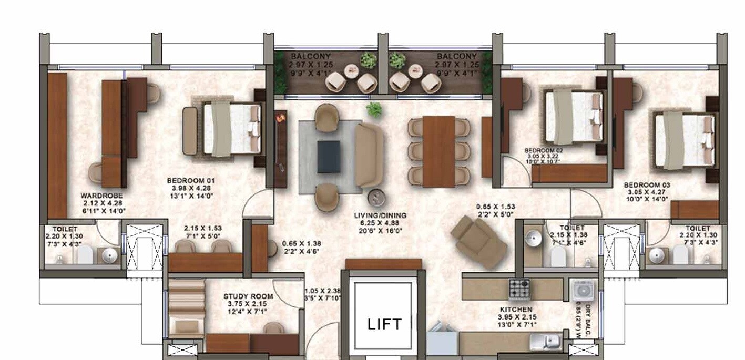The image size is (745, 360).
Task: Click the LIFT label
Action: pos(384,324)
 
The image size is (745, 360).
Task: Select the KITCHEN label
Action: pos(515,310)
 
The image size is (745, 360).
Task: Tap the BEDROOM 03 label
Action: pos(647,186)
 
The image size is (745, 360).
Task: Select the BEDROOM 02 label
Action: pos(544,150)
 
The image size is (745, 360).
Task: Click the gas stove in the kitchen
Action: pos(520,289)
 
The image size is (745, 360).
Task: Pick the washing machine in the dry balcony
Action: pos(583,291)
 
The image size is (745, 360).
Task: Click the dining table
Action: pos(438,151)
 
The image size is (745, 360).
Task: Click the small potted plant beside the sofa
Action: pos(374,109)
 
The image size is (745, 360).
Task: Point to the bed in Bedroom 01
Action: pos(232,129)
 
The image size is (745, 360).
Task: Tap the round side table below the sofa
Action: pos(376,197)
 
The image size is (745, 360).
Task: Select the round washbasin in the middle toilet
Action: pos(534,238)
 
